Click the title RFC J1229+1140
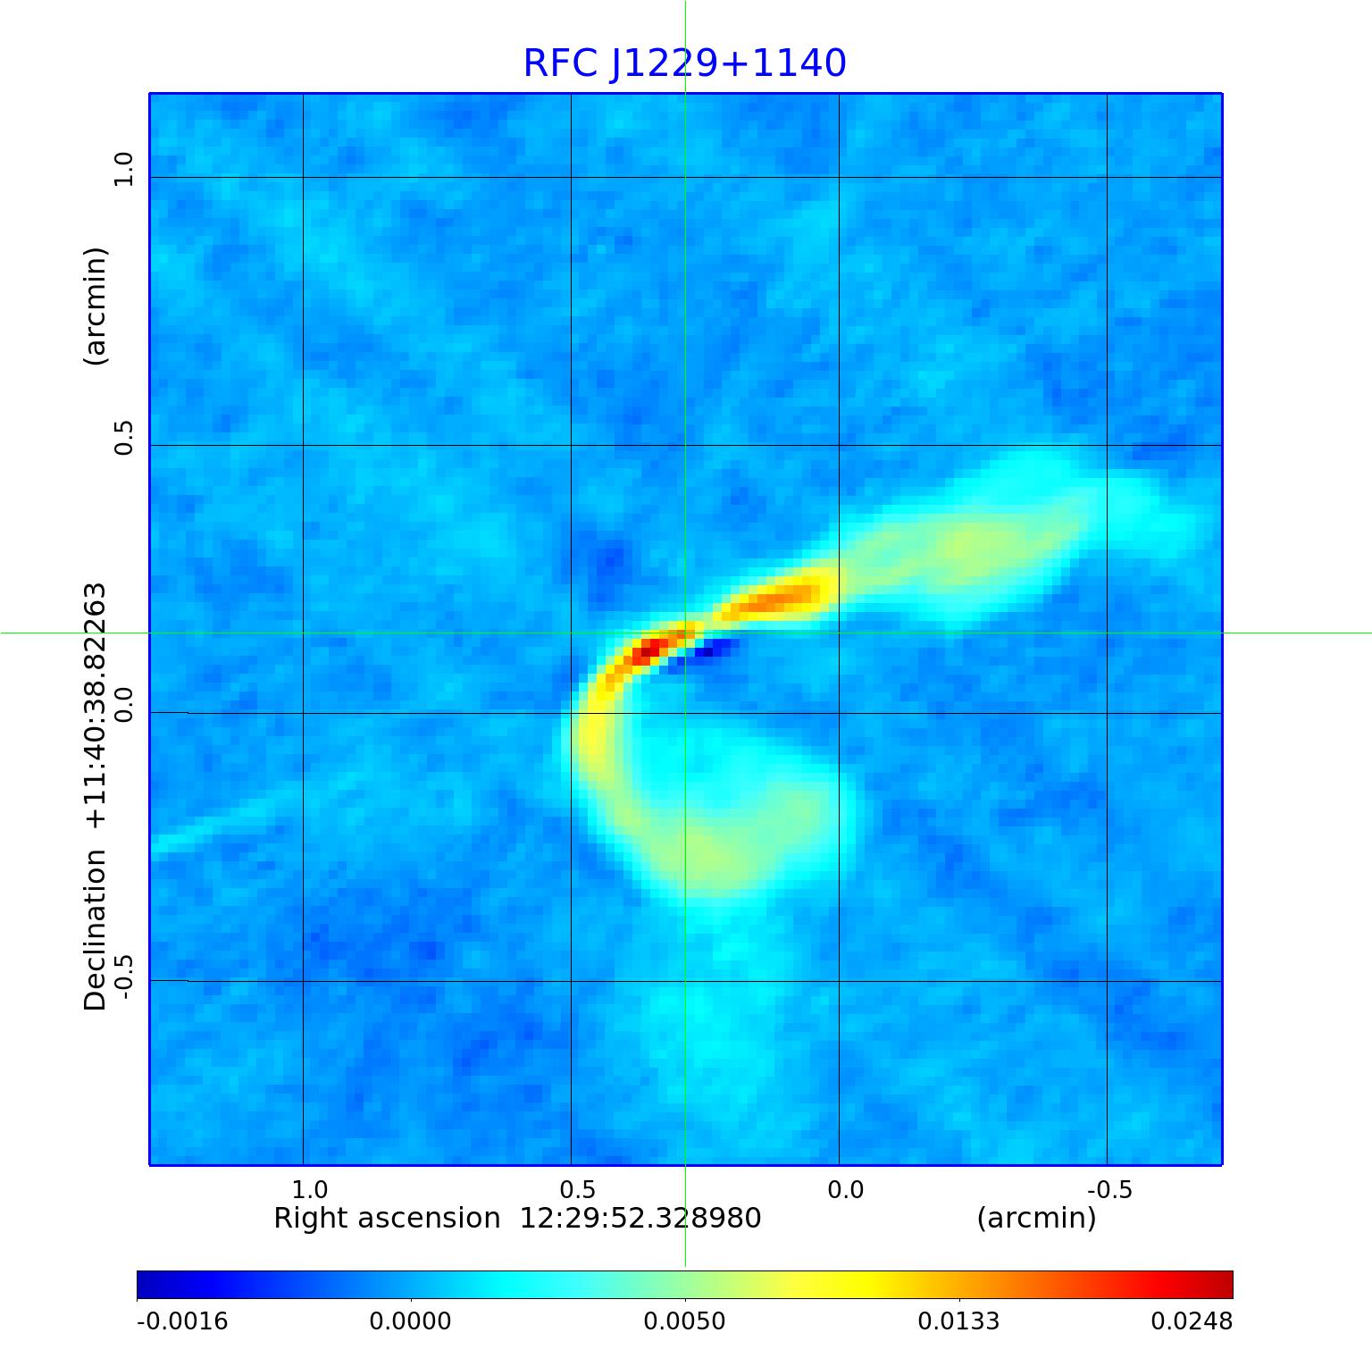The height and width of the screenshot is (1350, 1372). click(684, 63)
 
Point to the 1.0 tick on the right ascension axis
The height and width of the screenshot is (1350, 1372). click(310, 1190)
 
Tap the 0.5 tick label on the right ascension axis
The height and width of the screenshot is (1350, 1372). click(577, 1190)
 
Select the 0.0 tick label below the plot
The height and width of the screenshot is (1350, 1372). click(845, 1190)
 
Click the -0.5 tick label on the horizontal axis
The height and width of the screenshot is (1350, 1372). click(1108, 1190)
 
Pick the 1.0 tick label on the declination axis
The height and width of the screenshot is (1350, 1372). click(123, 170)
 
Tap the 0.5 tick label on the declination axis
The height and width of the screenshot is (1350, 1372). click(123, 437)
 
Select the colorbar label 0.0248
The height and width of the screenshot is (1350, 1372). click(1191, 1321)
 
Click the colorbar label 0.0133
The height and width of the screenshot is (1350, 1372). click(958, 1321)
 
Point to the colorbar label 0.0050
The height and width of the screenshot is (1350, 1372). click(684, 1321)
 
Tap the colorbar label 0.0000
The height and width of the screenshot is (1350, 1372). click(410, 1321)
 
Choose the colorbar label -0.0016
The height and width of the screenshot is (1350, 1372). click(182, 1321)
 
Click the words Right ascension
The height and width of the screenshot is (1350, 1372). click(387, 1218)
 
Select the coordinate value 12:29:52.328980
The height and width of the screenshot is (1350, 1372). click(640, 1218)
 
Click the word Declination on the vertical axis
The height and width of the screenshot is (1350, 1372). click(95, 930)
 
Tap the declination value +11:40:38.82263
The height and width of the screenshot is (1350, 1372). click(95, 706)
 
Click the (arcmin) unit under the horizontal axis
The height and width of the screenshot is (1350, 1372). click(1036, 1218)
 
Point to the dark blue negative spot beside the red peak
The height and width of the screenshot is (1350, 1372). click(708, 651)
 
